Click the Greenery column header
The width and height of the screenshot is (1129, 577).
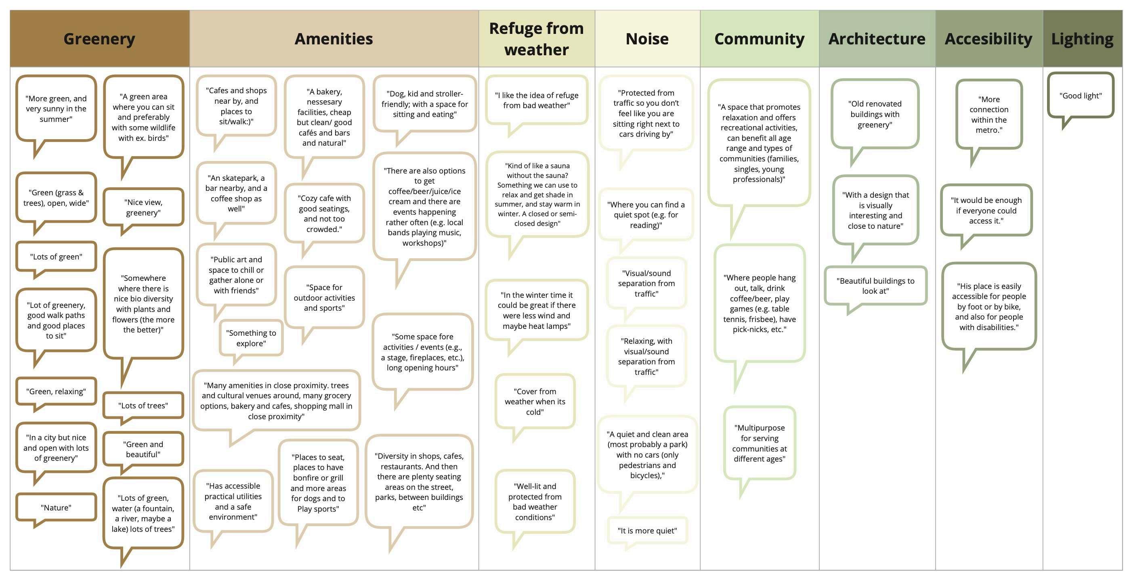[99, 39]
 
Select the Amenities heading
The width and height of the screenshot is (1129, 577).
[334, 39]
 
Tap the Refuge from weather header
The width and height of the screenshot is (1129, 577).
[537, 39]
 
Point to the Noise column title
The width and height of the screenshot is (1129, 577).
[647, 39]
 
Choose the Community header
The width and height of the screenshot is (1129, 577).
[759, 39]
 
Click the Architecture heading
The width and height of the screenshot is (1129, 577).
[877, 39]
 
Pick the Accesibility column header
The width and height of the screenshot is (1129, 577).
[988, 39]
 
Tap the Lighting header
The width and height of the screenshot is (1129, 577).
[1082, 39]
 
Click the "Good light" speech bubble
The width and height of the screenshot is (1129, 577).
[1081, 96]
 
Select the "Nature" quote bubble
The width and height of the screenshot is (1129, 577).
[56, 507]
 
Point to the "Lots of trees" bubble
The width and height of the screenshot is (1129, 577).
[143, 405]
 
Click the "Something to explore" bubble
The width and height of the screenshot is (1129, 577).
[251, 338]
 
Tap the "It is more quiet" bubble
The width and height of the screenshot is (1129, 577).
[647, 531]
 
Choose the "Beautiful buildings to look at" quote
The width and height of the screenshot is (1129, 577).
[875, 286]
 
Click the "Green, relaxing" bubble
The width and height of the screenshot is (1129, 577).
[56, 391]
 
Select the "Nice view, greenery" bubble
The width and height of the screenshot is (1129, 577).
[143, 207]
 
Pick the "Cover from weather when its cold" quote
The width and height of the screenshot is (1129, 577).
[535, 401]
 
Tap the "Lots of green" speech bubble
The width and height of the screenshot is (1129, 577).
[56, 256]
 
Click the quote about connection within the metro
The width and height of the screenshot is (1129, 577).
[989, 114]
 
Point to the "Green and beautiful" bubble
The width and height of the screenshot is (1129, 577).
[143, 449]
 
